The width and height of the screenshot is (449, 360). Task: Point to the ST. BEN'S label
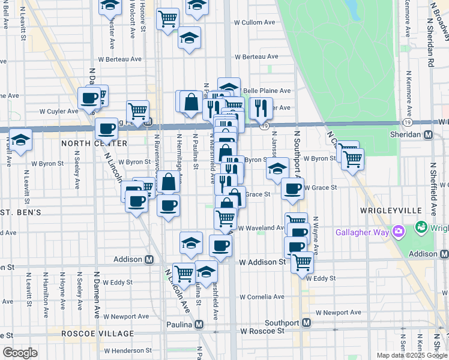pyautogui.click(x=20, y=212)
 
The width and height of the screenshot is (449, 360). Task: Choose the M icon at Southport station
pyautogui.click(x=306, y=322)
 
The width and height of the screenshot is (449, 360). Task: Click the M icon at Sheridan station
pyautogui.click(x=428, y=135)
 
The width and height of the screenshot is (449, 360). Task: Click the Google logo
pyautogui.click(x=20, y=353)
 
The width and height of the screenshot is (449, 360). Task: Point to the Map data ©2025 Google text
pyautogui.click(x=412, y=355)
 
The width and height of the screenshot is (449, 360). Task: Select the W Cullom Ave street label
pyautogui.click(x=254, y=22)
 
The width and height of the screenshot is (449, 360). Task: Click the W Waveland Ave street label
pyautogui.click(x=262, y=228)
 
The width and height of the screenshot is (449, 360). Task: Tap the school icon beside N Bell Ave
pyautogui.click(x=20, y=140)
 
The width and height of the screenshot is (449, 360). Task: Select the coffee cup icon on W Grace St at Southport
pyautogui.click(x=292, y=188)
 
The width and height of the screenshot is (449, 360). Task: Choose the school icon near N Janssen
pyautogui.click(x=277, y=168)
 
